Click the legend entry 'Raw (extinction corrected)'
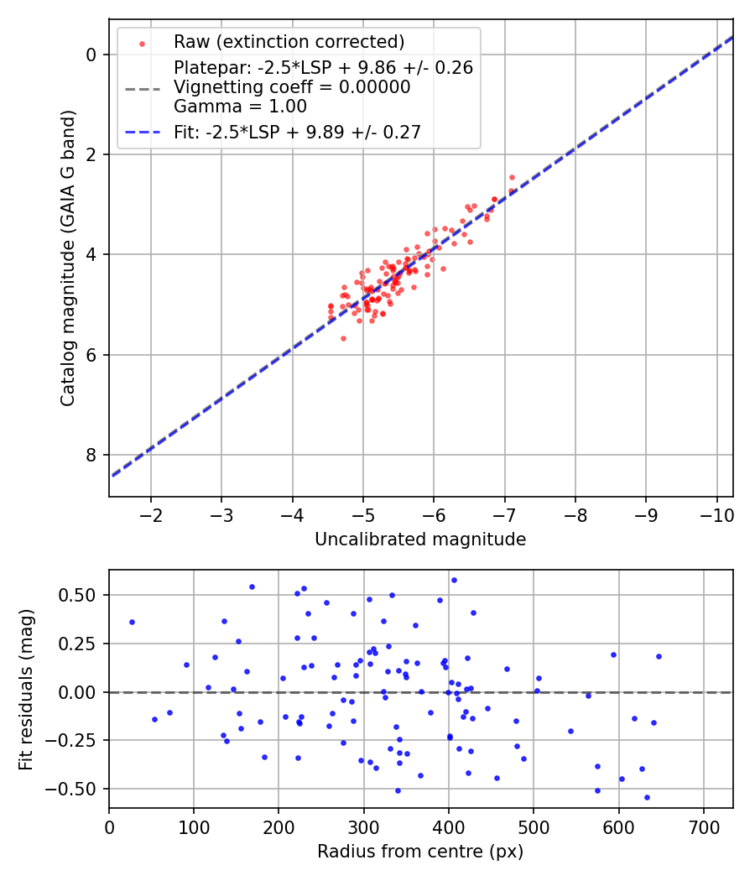click(x=289, y=42)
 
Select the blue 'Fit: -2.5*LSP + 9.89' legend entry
click(x=297, y=131)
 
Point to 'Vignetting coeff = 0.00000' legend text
click(x=291, y=87)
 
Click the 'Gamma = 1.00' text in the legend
click(x=240, y=107)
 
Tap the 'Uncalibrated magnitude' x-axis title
click(x=420, y=540)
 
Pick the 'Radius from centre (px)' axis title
click(x=420, y=851)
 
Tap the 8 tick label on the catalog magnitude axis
click(x=91, y=455)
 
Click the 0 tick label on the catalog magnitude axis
click(x=91, y=55)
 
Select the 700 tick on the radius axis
click(x=703, y=826)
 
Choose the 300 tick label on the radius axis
click(x=363, y=826)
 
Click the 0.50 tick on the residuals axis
click(x=80, y=595)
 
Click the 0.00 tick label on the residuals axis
click(x=80, y=692)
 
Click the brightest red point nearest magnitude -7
click(x=512, y=177)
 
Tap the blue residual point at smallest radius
click(x=132, y=622)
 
